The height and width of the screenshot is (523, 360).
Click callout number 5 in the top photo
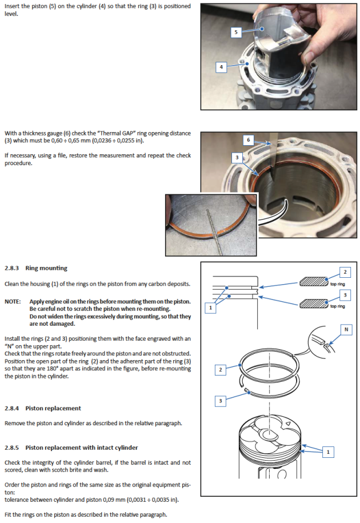coord(235,33)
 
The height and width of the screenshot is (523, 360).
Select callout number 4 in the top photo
coord(221,67)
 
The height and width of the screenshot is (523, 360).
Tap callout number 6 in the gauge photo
coord(249,139)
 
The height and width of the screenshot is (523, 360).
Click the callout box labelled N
coord(345,329)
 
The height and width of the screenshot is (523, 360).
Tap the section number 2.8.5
coord(13,447)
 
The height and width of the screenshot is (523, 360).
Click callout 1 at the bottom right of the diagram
coord(327,452)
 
